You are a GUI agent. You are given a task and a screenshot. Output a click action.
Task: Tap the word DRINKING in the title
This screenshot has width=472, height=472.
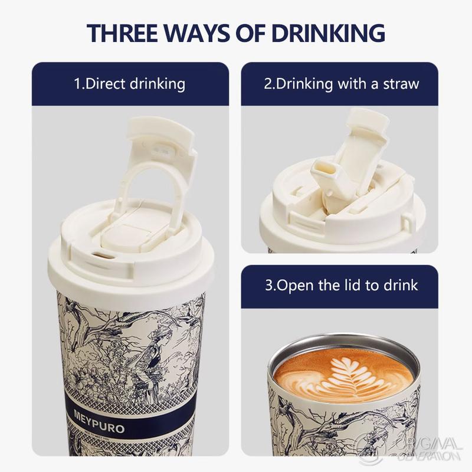[328, 32]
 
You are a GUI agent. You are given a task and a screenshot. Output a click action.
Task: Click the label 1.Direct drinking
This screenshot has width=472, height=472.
[130, 84]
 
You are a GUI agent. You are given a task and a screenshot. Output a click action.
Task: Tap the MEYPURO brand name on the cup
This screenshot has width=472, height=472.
[99, 421]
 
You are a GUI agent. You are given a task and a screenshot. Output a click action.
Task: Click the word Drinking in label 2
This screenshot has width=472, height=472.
[304, 84]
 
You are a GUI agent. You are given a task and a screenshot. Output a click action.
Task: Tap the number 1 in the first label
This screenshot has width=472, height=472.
[77, 84]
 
